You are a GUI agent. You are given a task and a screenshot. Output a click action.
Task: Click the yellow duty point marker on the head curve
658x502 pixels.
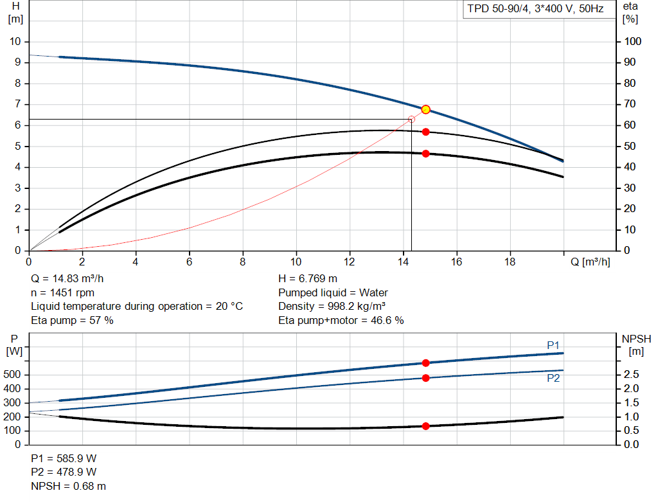(425, 109)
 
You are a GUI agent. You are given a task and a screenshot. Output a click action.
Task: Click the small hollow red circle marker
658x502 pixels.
(411, 120)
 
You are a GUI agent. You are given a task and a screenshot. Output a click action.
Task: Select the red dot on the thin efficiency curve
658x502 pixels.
(425, 132)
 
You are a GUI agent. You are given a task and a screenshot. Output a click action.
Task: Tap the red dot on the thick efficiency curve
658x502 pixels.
(425, 154)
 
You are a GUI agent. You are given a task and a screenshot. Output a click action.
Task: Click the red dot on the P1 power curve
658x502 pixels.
(425, 363)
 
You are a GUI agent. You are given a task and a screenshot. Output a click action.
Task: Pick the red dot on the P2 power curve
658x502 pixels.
(425, 378)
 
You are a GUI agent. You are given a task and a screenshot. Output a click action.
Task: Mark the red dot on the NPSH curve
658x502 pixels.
(425, 426)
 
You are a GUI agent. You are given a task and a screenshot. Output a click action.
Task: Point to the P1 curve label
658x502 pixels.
(553, 346)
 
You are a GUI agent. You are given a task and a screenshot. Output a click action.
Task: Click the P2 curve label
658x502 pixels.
(553, 379)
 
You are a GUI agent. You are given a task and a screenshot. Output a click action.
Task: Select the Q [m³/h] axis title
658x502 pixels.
(591, 262)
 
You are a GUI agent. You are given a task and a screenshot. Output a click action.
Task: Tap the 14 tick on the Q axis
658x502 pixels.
(403, 262)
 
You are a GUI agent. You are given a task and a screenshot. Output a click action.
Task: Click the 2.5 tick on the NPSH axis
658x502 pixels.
(632, 375)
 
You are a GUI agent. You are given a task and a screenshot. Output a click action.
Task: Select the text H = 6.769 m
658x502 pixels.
(308, 279)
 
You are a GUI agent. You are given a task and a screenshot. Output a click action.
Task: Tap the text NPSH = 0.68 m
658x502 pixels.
(69, 487)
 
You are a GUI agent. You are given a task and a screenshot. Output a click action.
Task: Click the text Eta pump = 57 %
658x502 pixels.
(72, 320)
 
